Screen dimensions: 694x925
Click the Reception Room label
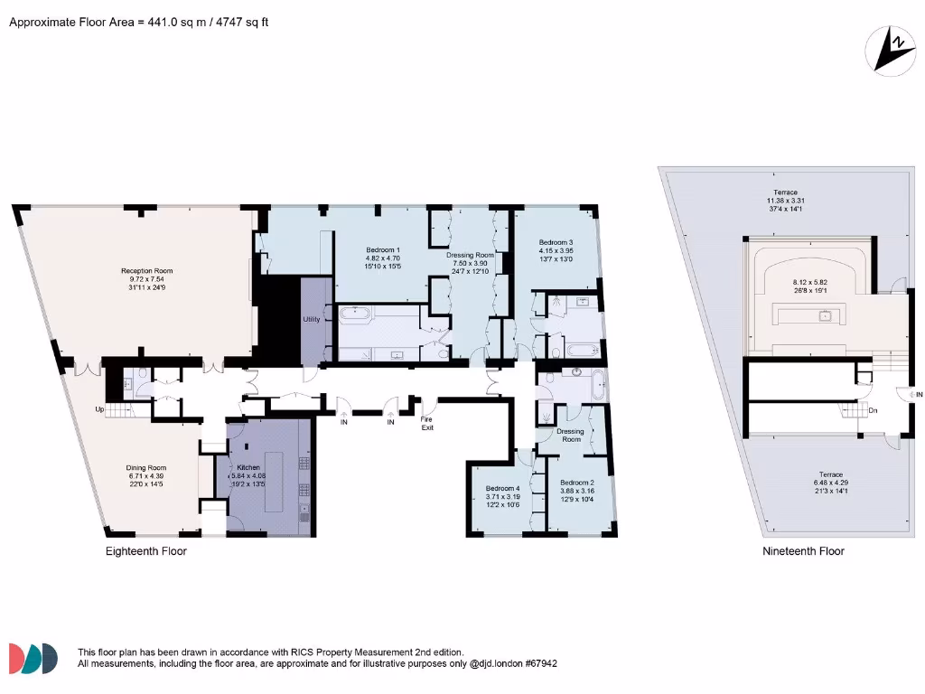[x=147, y=270]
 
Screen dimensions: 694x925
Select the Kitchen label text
[x=248, y=467]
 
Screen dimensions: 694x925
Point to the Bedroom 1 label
[x=383, y=249]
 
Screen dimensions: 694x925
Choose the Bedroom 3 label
[x=556, y=242]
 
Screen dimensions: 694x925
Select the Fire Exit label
[x=427, y=423]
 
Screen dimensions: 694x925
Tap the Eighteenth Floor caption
[x=146, y=551]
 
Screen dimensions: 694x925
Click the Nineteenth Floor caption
[x=803, y=551]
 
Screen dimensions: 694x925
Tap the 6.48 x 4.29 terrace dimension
[x=831, y=483]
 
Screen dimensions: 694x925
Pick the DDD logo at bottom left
[x=33, y=658]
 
